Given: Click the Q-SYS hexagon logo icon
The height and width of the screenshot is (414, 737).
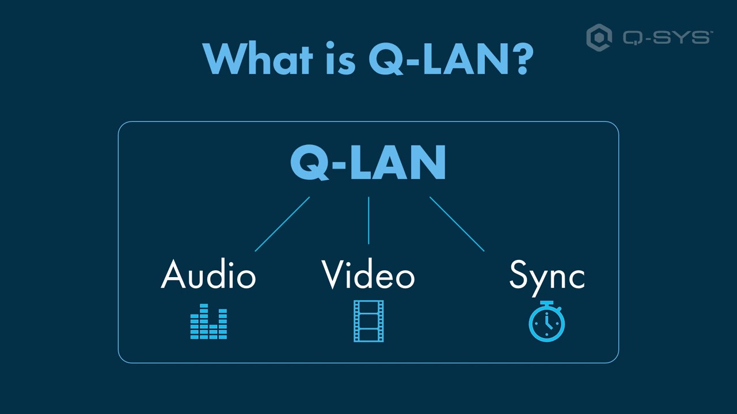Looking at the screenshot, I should (x=599, y=38).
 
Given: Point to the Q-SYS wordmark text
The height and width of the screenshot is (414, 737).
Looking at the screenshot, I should (x=667, y=38).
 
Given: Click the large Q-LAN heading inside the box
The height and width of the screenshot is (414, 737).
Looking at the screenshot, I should (x=368, y=163).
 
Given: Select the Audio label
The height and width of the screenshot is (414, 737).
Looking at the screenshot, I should (x=208, y=275).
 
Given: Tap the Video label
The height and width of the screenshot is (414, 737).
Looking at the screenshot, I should (x=368, y=275).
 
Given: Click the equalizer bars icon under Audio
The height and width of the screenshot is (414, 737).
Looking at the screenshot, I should (x=208, y=322).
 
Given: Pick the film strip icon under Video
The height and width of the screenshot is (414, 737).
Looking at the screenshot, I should (x=368, y=321).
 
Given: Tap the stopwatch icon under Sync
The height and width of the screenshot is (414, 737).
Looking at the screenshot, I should (x=546, y=322).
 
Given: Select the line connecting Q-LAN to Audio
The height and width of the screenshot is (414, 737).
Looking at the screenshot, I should (x=282, y=224).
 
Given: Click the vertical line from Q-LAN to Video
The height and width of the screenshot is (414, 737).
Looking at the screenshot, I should (x=368, y=221).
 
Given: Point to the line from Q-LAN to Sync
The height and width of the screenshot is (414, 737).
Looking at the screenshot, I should (x=457, y=224).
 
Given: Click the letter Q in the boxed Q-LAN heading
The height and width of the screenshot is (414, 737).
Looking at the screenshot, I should (x=309, y=163).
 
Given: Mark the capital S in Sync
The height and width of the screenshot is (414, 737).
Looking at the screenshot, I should (x=520, y=275).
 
